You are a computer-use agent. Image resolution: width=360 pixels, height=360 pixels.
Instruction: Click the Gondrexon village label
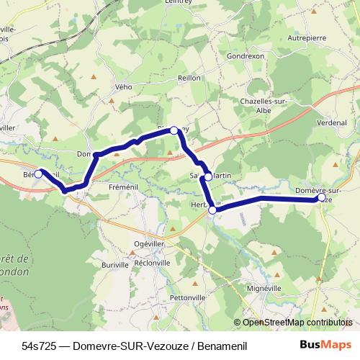[x=246, y=55]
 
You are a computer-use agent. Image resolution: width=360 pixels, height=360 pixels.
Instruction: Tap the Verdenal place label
[x=330, y=122]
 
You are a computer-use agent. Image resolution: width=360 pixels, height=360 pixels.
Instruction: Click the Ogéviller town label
[x=153, y=244]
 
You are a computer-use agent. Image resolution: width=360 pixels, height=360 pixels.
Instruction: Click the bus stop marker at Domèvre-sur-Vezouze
[x=321, y=197]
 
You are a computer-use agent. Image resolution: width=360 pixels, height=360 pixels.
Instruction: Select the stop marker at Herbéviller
[x=212, y=210]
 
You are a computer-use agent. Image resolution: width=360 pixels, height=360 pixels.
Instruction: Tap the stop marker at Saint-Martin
[x=208, y=176]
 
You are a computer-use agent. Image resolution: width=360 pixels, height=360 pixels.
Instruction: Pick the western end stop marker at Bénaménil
[x=38, y=174]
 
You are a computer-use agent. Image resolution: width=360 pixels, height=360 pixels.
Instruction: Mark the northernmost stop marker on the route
[x=174, y=130]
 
